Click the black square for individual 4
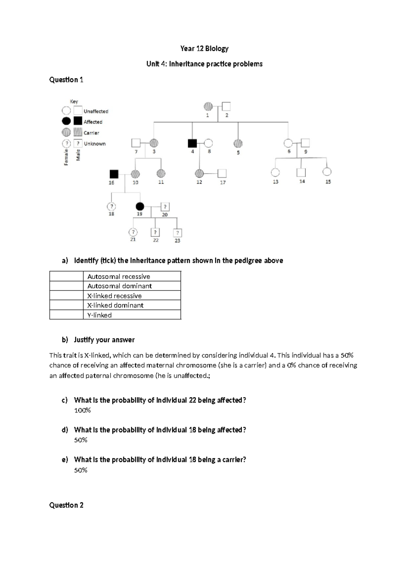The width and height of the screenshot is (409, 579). point(192,143)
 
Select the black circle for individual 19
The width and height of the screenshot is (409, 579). point(140,206)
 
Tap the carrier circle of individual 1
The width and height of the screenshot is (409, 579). point(208,107)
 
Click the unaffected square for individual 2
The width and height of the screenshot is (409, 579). point(226,107)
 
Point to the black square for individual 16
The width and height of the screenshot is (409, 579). point(114,174)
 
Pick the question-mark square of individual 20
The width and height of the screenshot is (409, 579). point(165,207)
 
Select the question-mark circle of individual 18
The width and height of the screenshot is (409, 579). point(111,206)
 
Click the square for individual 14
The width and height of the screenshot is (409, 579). point(301,173)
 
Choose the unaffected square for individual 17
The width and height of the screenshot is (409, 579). point(222,174)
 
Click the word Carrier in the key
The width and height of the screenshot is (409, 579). point(91,133)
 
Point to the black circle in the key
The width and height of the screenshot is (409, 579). point(66,121)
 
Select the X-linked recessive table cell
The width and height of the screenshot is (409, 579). point(132,296)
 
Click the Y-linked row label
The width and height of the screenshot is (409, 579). point(100,315)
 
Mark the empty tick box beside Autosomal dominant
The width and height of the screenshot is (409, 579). point(66,286)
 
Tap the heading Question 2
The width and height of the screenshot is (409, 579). point(66,505)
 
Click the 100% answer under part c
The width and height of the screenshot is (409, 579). point(82,410)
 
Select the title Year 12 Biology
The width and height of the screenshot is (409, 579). point(204,48)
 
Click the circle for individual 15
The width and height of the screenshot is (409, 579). point(327,172)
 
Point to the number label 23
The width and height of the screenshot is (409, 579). point(177,241)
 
